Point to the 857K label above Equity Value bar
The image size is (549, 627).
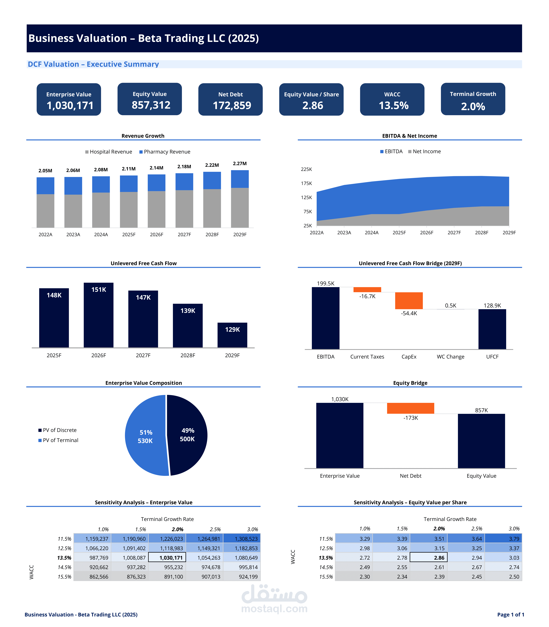[x=481, y=410]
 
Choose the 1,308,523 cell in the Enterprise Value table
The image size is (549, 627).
[x=242, y=538]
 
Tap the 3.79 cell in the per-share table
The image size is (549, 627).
[x=503, y=538]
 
